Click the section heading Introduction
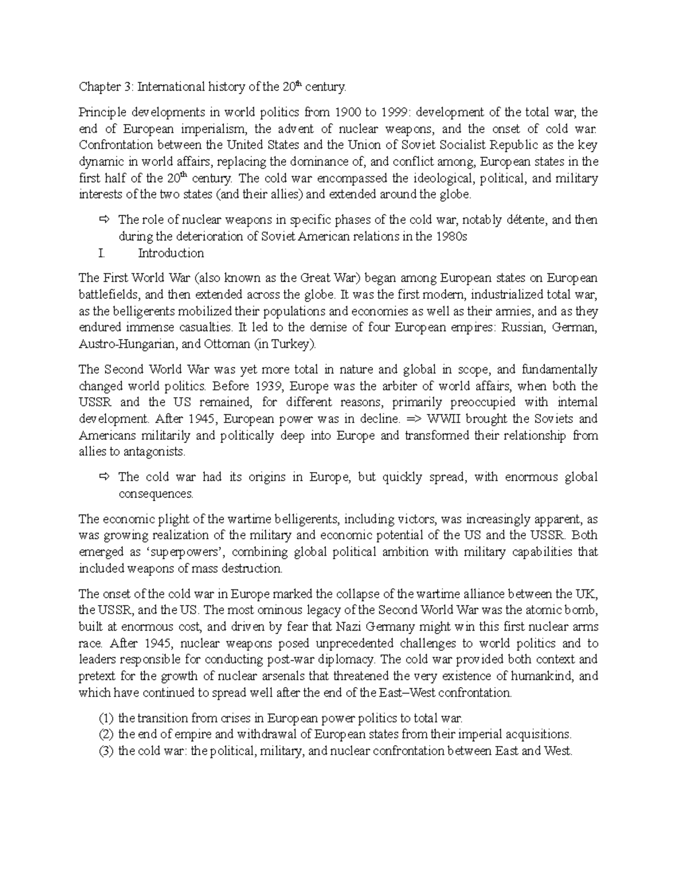[171, 253]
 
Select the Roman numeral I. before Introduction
[102, 253]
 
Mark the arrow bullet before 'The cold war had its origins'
[104, 477]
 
